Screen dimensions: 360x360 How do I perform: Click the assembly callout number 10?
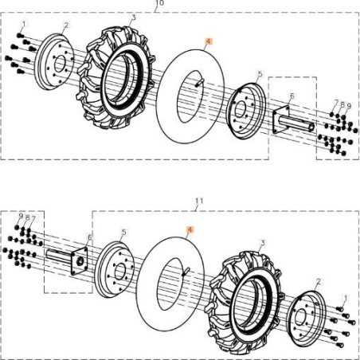click(159, 3)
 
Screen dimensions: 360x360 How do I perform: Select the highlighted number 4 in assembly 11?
click(190, 229)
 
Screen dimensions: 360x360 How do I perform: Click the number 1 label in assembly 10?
click(24, 25)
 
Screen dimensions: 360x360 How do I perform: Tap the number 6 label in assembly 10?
click(292, 96)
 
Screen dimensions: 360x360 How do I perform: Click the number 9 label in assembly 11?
click(21, 215)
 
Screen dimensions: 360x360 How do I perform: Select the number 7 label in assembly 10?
click(335, 103)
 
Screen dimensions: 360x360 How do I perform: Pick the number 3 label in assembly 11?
click(262, 241)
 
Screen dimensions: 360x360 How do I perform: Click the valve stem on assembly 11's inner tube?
click(185, 272)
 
